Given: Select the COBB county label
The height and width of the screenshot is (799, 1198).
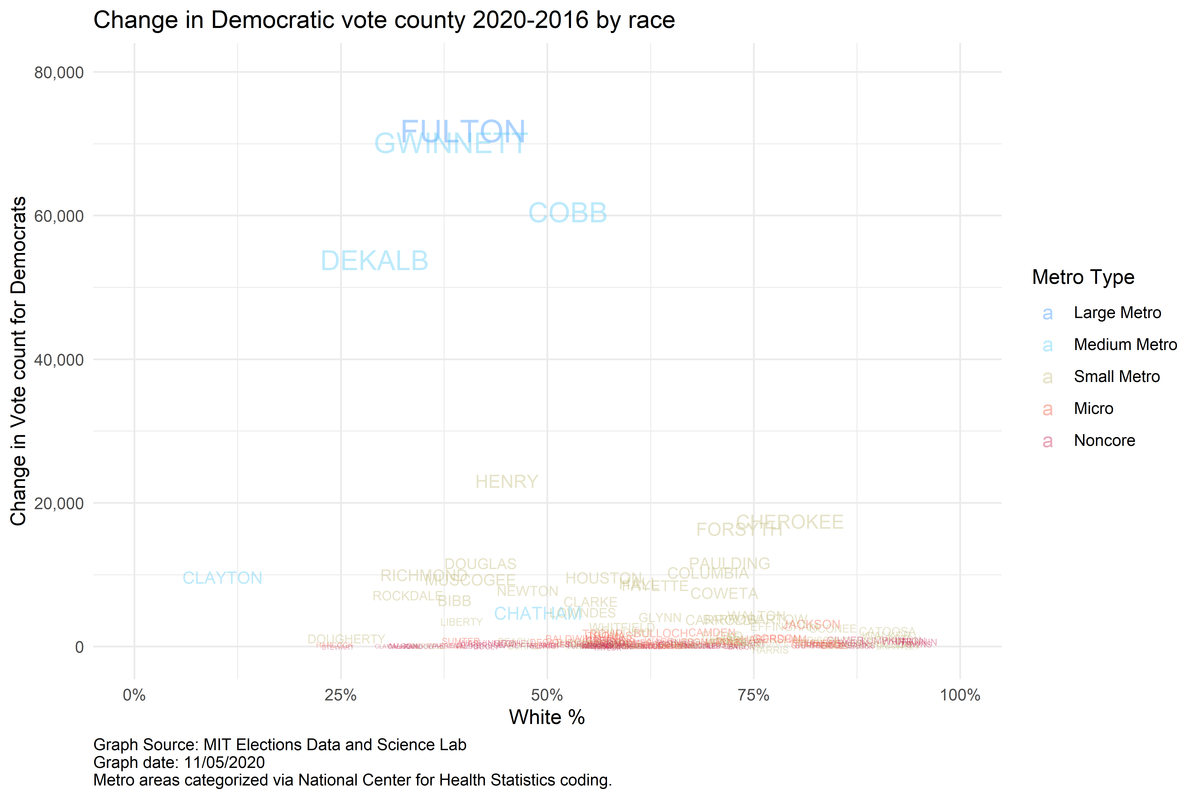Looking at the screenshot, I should pos(567,213).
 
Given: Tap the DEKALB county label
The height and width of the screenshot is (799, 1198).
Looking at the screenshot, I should pos(374,261).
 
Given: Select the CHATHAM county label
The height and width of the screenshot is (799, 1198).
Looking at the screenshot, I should pos(537,613).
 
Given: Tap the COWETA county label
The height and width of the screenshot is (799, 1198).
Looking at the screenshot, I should pos(724,594).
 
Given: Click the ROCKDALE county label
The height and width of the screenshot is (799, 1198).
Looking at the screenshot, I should pos(408,596).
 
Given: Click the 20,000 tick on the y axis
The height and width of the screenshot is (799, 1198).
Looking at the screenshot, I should pos(59,503).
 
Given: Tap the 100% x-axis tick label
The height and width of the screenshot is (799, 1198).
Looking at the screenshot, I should pos(960,695).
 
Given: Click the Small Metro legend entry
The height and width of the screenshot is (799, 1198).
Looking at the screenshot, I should pos(1117,377).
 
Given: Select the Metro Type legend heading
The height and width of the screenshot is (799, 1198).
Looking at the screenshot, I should pos(1083,277).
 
